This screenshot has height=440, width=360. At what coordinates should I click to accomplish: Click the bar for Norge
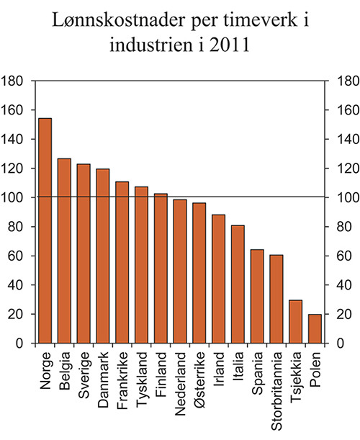(x=45, y=230)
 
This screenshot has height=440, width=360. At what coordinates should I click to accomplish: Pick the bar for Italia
(x=238, y=284)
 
